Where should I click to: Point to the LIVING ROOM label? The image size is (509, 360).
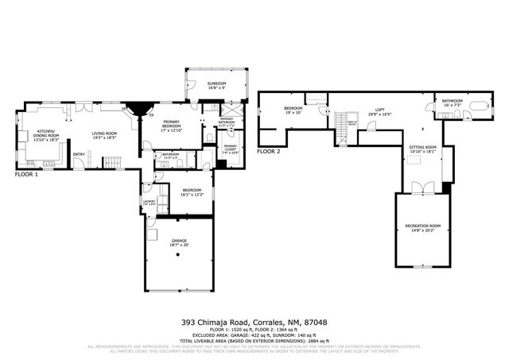(x=104, y=134)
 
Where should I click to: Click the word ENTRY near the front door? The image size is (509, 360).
(x=80, y=154)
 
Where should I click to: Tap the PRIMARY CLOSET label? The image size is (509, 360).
(x=230, y=147)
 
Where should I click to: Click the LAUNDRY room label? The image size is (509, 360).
(x=149, y=201)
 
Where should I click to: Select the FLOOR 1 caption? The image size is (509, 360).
(x=26, y=174)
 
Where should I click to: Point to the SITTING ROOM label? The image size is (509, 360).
(x=422, y=148)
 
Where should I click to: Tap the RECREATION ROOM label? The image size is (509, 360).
(x=422, y=227)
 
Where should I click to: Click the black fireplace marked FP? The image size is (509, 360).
(x=142, y=110)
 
